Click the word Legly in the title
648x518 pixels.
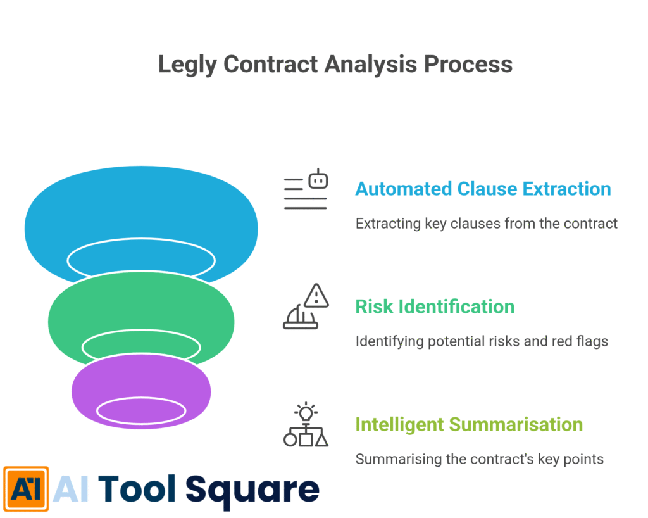(x=187, y=65)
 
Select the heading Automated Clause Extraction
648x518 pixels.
(x=483, y=189)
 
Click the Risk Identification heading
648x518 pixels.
(x=435, y=306)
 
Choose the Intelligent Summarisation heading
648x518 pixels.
(x=469, y=424)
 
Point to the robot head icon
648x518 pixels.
(x=318, y=180)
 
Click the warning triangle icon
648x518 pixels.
(x=316, y=296)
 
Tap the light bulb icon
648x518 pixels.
(x=306, y=413)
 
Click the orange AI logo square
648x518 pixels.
(x=26, y=489)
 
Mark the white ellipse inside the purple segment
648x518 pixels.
(x=141, y=410)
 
